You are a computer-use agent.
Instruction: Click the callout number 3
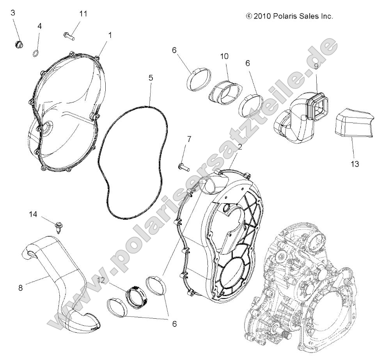13,12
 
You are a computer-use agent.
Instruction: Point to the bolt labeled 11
68,35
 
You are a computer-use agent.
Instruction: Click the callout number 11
83,14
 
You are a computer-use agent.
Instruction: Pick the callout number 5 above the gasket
151,77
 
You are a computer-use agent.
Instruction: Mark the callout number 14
34,214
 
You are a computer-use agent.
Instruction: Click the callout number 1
110,35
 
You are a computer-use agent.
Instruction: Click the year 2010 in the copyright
262,16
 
